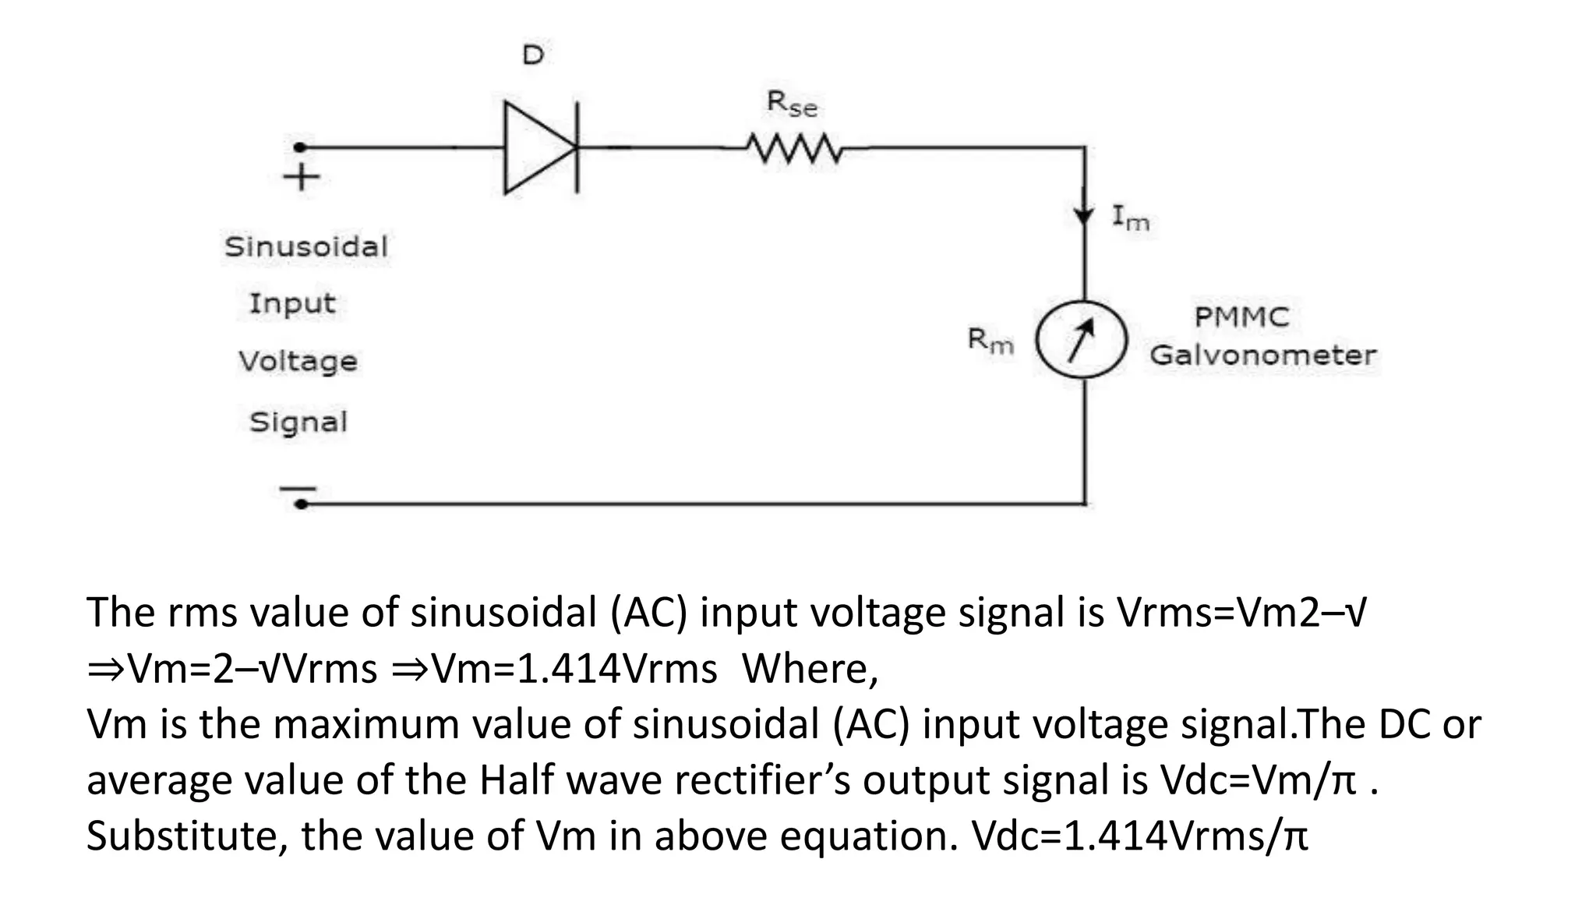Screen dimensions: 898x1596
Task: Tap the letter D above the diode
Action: (x=533, y=55)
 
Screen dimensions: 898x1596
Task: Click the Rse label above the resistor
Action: (x=792, y=104)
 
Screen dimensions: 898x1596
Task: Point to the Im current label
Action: (x=1130, y=217)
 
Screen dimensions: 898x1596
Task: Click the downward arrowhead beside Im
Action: (x=1084, y=215)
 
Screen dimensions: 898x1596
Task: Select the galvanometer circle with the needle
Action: (x=1082, y=340)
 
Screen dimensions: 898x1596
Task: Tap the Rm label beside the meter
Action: (x=990, y=340)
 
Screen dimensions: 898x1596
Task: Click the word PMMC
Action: (x=1241, y=317)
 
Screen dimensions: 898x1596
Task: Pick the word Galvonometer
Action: (x=1262, y=355)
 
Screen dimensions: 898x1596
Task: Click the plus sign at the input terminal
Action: (x=302, y=177)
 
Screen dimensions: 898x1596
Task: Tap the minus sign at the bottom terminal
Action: (x=298, y=489)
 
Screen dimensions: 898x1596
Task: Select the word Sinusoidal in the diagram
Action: (x=306, y=247)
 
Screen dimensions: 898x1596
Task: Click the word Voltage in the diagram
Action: (x=298, y=362)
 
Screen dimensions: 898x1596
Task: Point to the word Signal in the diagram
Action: (x=298, y=422)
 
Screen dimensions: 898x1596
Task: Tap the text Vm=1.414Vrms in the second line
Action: (x=574, y=669)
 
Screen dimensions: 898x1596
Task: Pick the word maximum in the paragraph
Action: (x=366, y=724)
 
